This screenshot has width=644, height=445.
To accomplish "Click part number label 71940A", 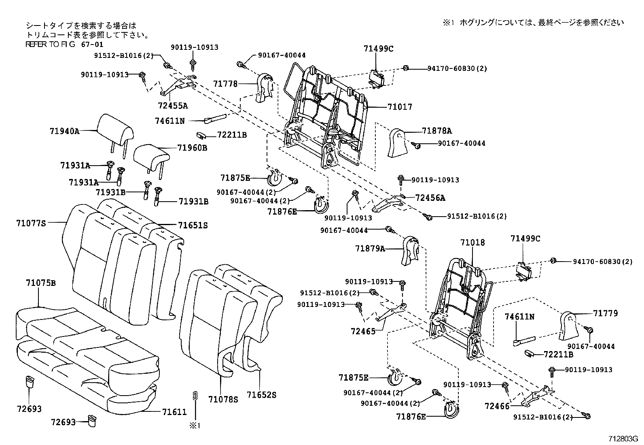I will tap(65, 131).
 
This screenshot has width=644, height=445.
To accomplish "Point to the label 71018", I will tap(472, 243).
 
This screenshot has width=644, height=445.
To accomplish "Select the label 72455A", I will tap(173, 106).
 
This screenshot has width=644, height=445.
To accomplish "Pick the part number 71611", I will tap(174, 412).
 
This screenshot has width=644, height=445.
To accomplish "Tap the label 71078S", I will tap(223, 399).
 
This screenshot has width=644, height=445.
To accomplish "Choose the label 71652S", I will tap(261, 394).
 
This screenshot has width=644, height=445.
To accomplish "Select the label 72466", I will tap(497, 406).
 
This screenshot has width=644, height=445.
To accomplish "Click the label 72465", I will tap(363, 331).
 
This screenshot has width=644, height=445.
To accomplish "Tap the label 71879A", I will tap(370, 249).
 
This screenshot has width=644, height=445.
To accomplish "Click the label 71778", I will tap(225, 84).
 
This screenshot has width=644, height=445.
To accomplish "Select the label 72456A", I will tap(430, 198).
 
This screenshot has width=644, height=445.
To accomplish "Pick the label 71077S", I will tap(31, 223).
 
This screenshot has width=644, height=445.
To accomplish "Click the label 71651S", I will tap(193, 225).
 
